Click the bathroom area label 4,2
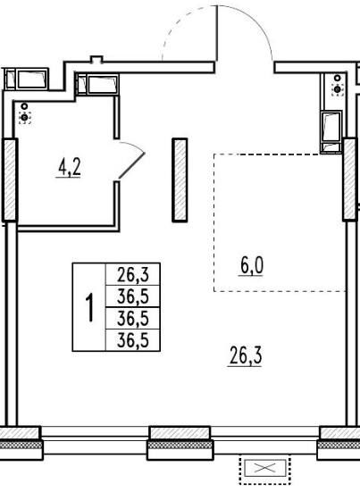pos(70,167)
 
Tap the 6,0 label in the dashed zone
pos(252,265)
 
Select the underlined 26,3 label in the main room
pos(246,355)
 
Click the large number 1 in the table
pos(89,307)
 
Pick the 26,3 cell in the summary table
pos(133,274)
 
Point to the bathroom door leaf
pos(131,166)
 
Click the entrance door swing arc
pos(245,22)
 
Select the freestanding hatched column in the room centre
pos(180,180)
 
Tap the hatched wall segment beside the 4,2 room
pos(10,179)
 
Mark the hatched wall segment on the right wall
pos(350,179)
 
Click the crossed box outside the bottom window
pos(265,469)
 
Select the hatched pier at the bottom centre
pos(180,443)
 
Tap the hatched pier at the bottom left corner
pos(21,443)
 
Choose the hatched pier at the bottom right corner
pos(339,443)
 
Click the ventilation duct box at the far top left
pos(27,79)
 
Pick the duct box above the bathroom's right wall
pos(97,85)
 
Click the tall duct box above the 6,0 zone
pos(331,132)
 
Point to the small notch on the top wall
pos(96,59)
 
